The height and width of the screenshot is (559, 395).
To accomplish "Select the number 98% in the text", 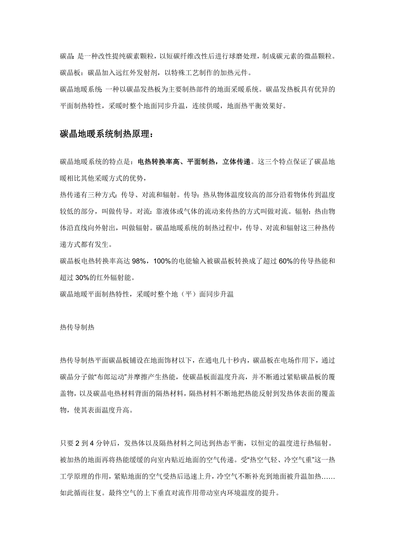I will click(x=140, y=261).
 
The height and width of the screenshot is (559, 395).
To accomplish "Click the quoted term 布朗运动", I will click(x=107, y=377).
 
